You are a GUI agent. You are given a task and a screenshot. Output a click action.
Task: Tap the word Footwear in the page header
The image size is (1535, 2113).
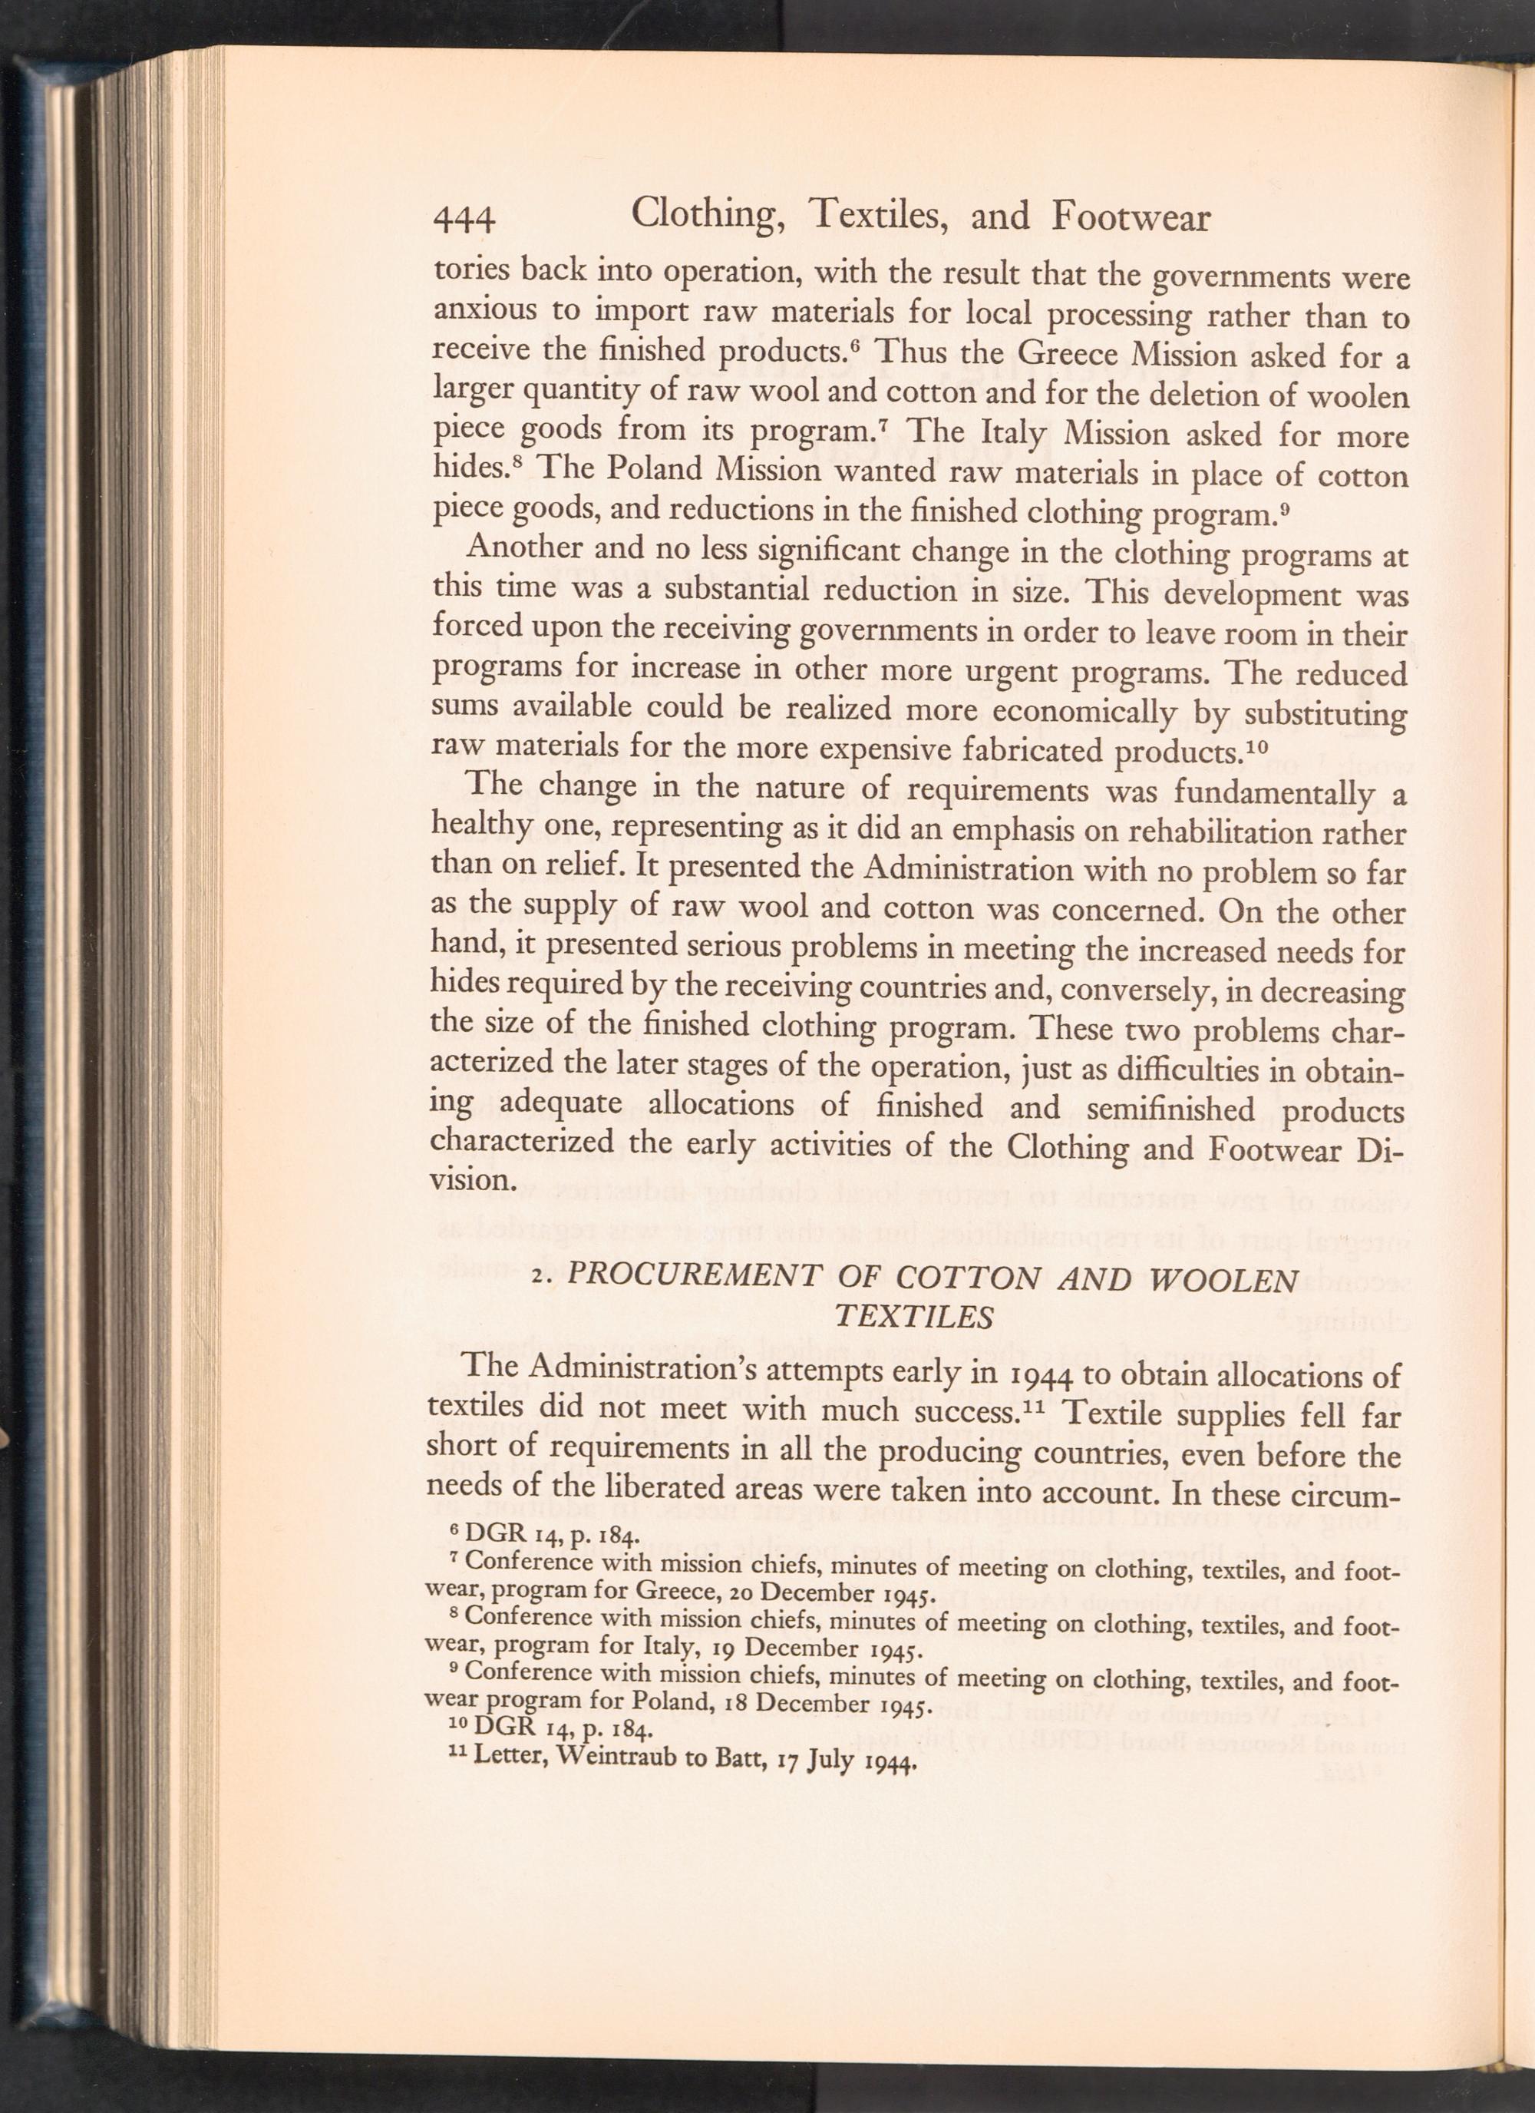[1131, 217]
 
